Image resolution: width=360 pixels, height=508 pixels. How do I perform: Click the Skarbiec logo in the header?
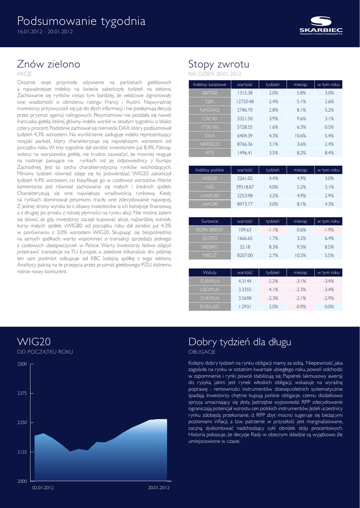[x=321, y=25]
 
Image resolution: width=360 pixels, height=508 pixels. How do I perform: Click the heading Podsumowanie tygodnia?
[x=81, y=21]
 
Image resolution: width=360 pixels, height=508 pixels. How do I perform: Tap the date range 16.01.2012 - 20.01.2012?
[x=45, y=32]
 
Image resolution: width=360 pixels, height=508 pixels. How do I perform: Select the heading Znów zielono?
[x=49, y=64]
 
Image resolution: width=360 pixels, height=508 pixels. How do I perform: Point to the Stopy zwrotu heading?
[x=219, y=64]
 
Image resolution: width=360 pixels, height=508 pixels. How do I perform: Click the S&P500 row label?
[x=210, y=93]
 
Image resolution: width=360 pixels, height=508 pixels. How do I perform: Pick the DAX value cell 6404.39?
[x=245, y=135]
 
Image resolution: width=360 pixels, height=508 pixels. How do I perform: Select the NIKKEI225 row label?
[x=210, y=144]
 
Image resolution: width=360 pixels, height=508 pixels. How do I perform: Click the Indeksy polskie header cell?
[x=210, y=170]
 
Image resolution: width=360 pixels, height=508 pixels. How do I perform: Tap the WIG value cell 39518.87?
[x=245, y=187]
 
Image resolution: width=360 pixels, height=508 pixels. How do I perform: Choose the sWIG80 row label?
[x=210, y=204]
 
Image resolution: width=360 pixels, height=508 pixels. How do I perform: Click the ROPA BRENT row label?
[x=210, y=230]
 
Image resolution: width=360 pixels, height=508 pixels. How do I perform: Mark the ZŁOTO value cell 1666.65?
[x=245, y=238]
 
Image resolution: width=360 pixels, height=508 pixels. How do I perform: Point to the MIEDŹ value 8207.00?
[x=245, y=255]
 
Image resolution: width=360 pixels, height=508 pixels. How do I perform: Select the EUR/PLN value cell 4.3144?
[x=245, y=281]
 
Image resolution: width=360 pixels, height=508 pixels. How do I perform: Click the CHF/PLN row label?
[x=210, y=298]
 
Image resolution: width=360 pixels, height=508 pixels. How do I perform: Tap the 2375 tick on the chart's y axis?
[x=22, y=393]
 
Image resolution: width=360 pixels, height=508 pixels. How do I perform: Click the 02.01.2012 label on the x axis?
[x=43, y=488]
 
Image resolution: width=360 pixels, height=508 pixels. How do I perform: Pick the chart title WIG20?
[x=34, y=342]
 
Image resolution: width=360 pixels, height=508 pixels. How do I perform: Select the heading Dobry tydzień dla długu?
[x=240, y=342]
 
